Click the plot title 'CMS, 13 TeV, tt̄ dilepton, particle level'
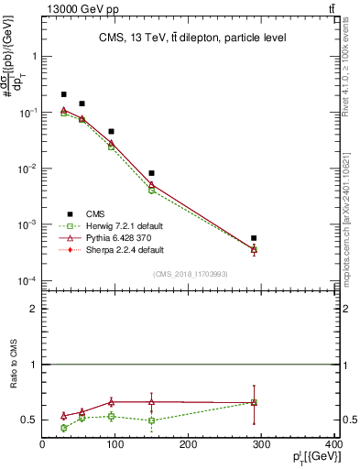(x=192, y=38)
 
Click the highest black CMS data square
(x=63, y=94)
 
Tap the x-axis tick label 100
(x=115, y=445)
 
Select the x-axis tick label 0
(x=42, y=445)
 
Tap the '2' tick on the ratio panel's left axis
(x=33, y=309)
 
